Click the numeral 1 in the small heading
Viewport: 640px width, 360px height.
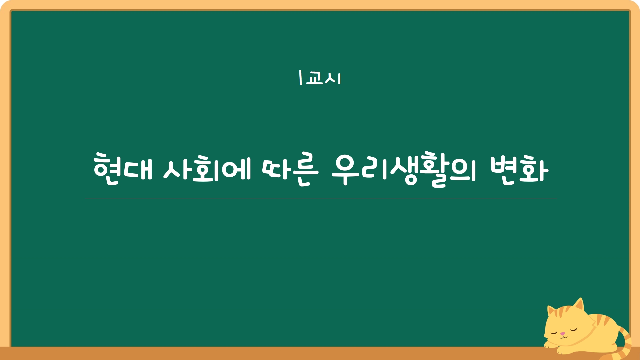click(300, 77)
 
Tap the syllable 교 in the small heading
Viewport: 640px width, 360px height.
click(314, 78)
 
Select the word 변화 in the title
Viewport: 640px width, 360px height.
click(519, 169)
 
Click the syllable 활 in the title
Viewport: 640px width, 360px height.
click(433, 169)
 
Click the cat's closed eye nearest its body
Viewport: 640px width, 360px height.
click(573, 329)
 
